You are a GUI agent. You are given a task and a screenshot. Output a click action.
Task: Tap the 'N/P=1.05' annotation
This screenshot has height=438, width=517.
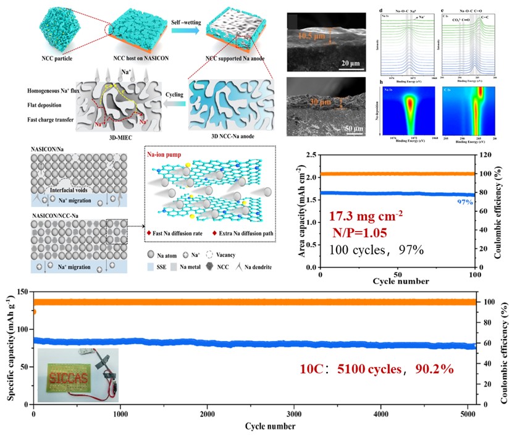(x=356, y=234)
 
